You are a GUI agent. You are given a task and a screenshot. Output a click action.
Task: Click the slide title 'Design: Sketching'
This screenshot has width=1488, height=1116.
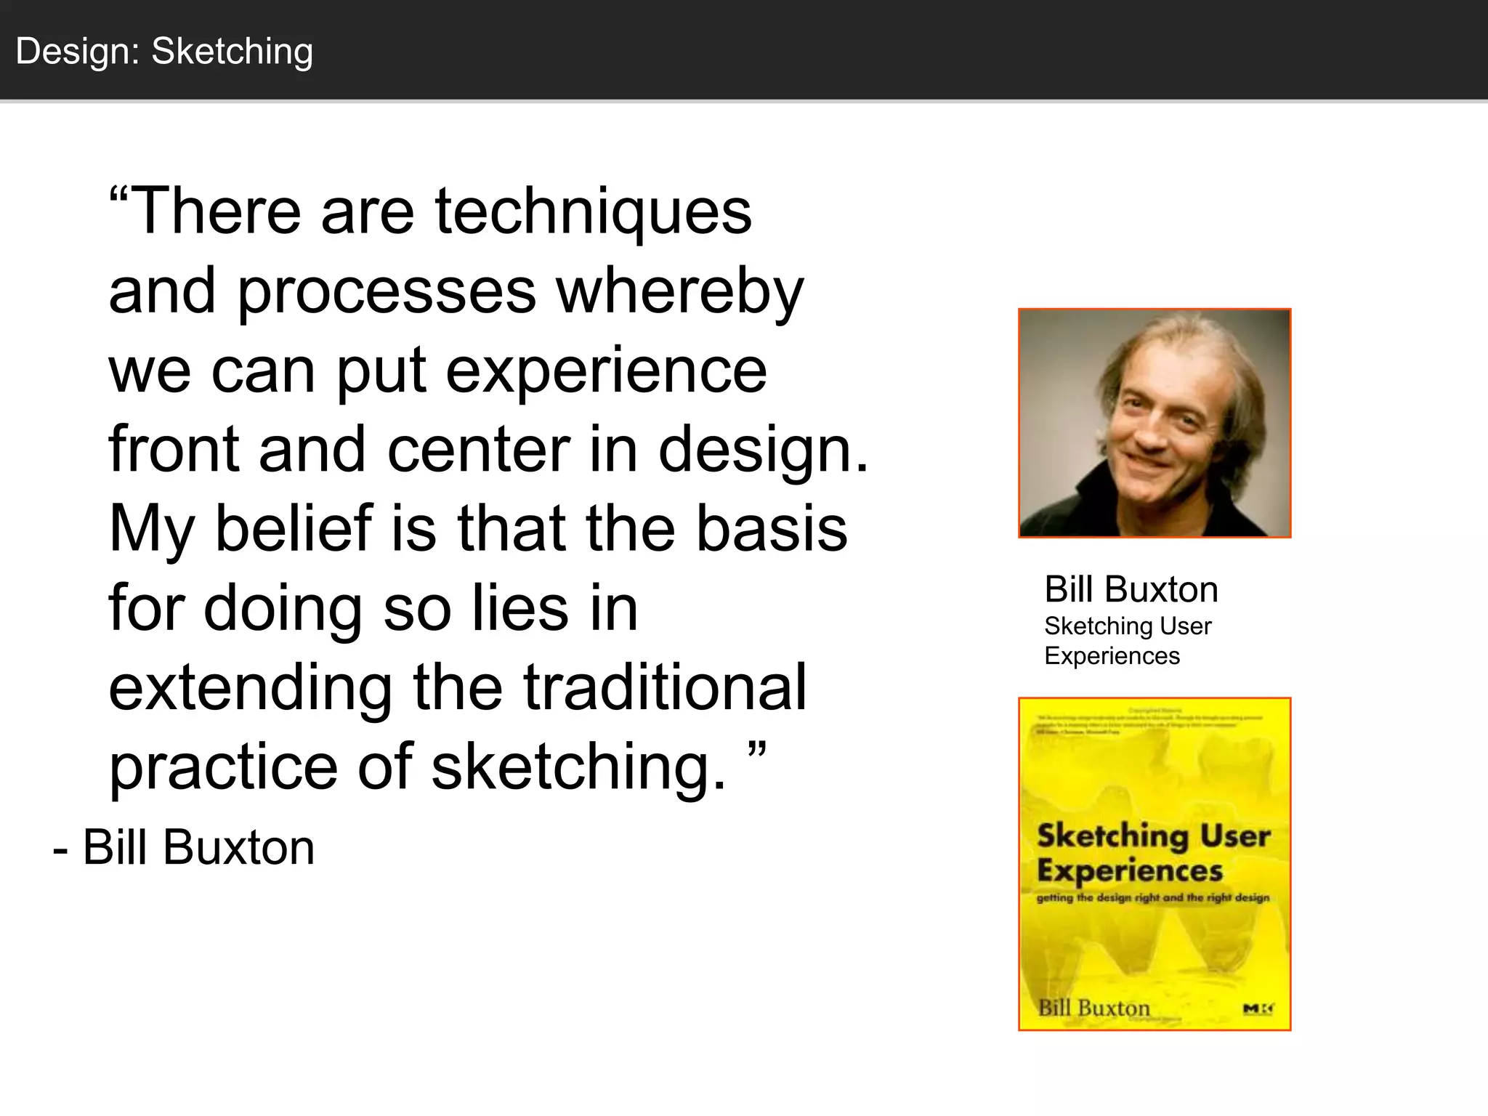[x=164, y=52]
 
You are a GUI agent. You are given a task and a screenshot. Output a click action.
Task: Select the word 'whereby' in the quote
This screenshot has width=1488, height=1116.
[x=680, y=291]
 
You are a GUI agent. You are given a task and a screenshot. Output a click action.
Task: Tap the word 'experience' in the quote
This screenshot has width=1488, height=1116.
[x=606, y=371]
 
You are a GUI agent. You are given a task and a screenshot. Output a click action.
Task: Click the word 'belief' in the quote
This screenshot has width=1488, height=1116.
[x=294, y=528]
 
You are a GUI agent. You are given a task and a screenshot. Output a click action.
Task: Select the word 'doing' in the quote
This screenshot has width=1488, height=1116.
[x=283, y=608]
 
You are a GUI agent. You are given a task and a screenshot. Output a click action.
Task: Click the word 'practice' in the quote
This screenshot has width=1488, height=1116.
[x=224, y=767]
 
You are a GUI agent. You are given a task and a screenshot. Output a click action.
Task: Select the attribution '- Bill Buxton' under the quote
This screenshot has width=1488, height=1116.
[x=184, y=847]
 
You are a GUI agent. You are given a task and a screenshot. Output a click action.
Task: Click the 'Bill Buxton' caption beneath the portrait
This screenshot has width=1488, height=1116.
[x=1131, y=589]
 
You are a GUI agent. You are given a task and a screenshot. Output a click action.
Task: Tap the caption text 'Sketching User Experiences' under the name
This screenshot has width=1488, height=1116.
[x=1127, y=641]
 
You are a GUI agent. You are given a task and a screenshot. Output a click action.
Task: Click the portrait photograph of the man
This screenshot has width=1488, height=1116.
[x=1154, y=423]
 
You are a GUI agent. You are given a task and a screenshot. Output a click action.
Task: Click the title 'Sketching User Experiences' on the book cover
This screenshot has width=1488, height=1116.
[x=1152, y=853]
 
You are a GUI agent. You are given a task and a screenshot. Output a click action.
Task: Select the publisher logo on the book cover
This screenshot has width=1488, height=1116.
[x=1258, y=1008]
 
